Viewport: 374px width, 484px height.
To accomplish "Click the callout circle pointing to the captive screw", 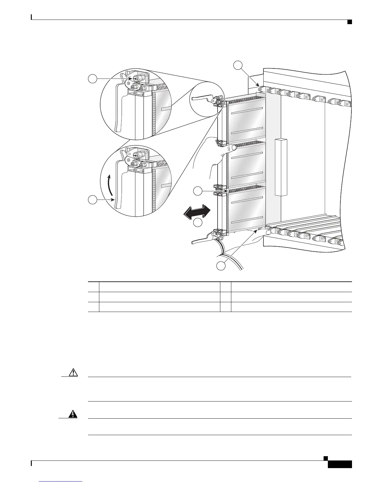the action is (93, 79).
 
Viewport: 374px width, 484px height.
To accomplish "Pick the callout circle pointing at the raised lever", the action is (93, 200).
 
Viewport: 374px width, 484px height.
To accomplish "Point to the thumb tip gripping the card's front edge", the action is (233, 148).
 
